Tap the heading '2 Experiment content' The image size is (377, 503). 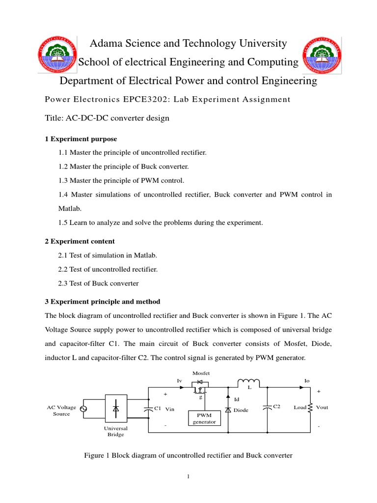coord(80,241)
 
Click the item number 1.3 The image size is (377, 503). coord(63,180)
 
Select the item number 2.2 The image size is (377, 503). coord(63,269)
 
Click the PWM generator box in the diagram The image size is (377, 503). coord(204,419)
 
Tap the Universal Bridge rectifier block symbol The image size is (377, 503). coord(116,408)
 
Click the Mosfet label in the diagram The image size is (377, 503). coord(200,373)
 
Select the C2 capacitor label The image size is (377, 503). coord(276,407)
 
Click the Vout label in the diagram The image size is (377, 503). coord(322,407)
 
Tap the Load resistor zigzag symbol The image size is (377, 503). coord(310,407)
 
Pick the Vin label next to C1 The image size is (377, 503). coord(170,409)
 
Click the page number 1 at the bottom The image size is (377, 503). coord(188,476)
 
